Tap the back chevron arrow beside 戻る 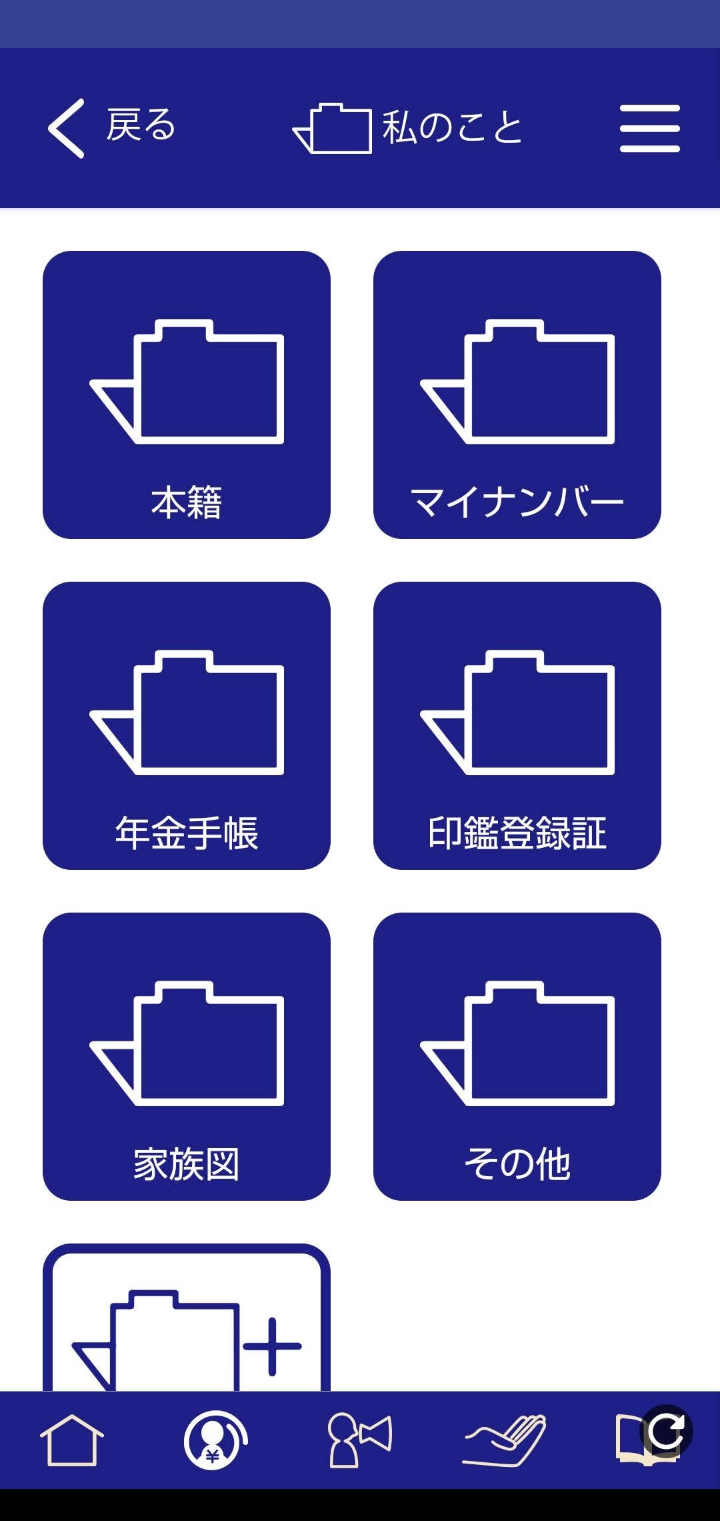click(x=66, y=128)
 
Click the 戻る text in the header click(x=141, y=125)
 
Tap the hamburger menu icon click(x=649, y=128)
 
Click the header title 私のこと click(x=452, y=127)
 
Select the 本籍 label click(x=187, y=502)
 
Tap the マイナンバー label click(x=517, y=502)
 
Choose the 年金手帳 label click(x=187, y=833)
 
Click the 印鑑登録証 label click(x=517, y=833)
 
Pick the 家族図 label click(x=187, y=1164)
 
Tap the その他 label click(x=517, y=1164)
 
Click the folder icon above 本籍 click(x=187, y=382)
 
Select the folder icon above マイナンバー click(x=518, y=382)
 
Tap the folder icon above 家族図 click(x=187, y=1043)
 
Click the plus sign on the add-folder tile click(x=272, y=1346)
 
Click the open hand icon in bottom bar click(x=505, y=1440)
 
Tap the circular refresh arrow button click(x=666, y=1430)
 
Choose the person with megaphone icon click(x=359, y=1440)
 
